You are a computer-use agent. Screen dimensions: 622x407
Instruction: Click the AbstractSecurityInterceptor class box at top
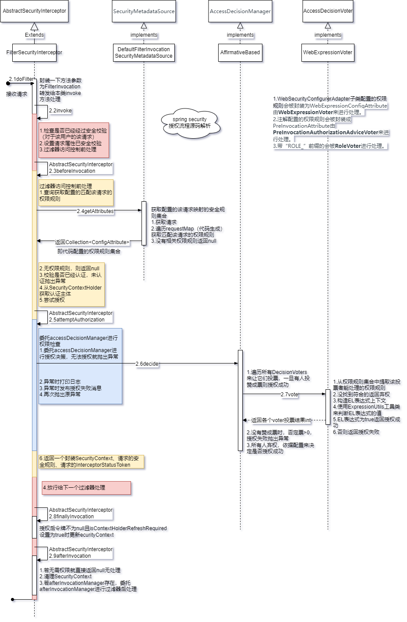[x=34, y=11]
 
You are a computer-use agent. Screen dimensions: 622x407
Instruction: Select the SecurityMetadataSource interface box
[x=144, y=11]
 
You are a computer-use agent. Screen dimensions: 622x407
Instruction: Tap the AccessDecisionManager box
[x=240, y=11]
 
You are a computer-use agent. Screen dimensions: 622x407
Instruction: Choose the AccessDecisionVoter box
[x=328, y=11]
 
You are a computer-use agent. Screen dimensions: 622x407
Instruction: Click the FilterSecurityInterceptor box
[x=34, y=52]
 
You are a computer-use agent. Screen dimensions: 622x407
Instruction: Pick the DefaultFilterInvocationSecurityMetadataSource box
[x=144, y=52]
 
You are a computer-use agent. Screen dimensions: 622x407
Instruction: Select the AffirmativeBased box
[x=240, y=52]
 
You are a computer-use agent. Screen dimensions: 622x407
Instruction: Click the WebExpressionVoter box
[x=328, y=52]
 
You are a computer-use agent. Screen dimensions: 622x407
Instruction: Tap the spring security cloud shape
[x=190, y=123]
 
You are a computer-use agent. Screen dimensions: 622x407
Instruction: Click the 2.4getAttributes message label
[x=96, y=211]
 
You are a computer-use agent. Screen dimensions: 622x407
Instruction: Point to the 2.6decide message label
[x=147, y=364]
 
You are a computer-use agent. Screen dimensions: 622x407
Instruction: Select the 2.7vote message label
[x=289, y=395]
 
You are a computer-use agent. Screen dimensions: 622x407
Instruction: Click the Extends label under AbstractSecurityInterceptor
[x=34, y=35]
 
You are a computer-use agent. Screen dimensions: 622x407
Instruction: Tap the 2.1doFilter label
[x=21, y=79]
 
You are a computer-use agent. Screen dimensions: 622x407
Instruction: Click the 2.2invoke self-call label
[x=60, y=111]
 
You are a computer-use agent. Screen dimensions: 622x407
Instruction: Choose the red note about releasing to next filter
[x=86, y=488]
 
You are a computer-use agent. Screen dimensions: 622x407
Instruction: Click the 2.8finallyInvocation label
[x=71, y=517]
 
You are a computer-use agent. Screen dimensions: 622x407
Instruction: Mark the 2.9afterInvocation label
[x=70, y=556]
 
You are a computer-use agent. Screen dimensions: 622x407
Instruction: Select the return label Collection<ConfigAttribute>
[x=92, y=242]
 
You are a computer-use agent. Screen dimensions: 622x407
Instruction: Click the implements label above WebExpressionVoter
[x=328, y=35]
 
